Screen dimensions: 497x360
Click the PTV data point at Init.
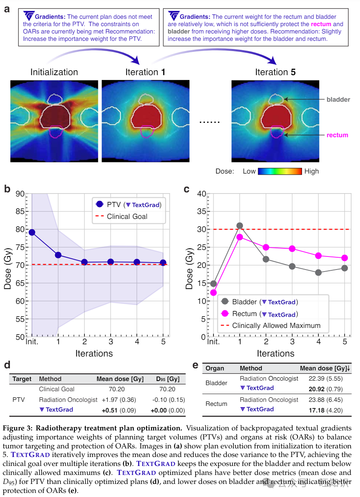[x=32, y=232]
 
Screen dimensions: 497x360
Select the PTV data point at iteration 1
[x=58, y=255]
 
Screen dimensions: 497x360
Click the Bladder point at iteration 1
[x=240, y=226]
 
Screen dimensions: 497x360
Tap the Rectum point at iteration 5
[x=344, y=258]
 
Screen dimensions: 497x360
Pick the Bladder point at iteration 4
[x=318, y=273]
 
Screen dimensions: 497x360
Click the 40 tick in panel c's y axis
[x=201, y=194]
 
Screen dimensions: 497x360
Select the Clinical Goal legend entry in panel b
[x=127, y=216]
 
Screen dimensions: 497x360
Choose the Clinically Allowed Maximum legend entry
[x=276, y=325]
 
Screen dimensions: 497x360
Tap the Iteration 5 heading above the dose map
[x=275, y=72]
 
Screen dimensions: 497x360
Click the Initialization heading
[x=54, y=72]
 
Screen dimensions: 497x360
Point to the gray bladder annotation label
[x=338, y=99]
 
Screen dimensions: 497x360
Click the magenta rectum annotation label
[x=338, y=135]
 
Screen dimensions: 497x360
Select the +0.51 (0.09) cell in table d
[x=116, y=410]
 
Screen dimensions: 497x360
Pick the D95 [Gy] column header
[x=167, y=379]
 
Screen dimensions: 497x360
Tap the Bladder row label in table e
[x=216, y=383]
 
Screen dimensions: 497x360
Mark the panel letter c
[x=187, y=189]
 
